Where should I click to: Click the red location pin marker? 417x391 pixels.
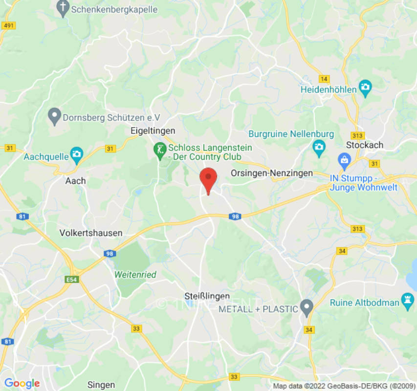point(209,179)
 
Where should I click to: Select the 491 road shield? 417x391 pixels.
point(8,25)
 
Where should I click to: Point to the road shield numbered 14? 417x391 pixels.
point(324,79)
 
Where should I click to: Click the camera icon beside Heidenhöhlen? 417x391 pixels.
point(365,88)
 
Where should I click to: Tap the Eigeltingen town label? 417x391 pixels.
point(153,131)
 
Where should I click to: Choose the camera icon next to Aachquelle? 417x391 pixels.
point(76,154)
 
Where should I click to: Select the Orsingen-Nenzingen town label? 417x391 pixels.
point(271,173)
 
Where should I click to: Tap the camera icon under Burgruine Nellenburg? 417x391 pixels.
point(319,147)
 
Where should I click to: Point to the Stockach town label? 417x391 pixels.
point(365,145)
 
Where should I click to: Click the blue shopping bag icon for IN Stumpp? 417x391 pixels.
point(344,159)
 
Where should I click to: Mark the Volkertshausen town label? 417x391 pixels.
point(90,233)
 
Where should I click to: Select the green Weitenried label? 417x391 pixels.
point(135,275)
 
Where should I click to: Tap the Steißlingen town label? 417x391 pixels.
point(207,297)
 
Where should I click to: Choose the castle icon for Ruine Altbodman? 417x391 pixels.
point(407,302)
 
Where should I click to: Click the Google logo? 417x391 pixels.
point(22,384)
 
